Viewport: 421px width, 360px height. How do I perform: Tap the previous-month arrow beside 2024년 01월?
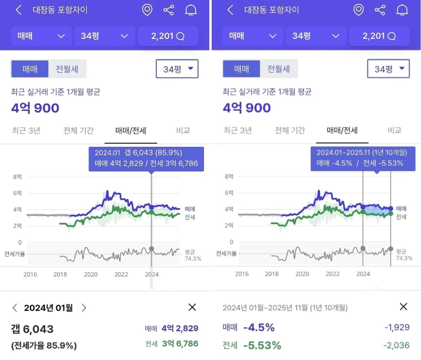(15, 308)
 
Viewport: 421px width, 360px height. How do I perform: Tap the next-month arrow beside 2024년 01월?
(84, 308)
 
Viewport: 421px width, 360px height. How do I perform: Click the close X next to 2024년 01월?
(192, 307)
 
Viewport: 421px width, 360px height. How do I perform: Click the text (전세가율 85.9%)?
(44, 345)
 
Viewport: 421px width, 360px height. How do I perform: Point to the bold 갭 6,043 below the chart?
(32, 329)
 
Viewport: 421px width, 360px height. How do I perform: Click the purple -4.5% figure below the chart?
(259, 328)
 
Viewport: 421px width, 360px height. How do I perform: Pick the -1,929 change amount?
(397, 328)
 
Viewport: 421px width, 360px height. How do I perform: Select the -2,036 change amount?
(396, 345)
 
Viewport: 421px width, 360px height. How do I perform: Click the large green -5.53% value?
(262, 345)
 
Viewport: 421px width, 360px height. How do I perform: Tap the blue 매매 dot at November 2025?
(390, 209)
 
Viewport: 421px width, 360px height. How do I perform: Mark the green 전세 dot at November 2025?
(390, 214)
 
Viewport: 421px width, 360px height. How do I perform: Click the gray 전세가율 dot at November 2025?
(390, 249)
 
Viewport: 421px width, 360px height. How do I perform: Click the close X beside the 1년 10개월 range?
(403, 307)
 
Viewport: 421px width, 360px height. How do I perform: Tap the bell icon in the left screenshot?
(190, 10)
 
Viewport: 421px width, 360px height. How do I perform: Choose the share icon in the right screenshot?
(380, 10)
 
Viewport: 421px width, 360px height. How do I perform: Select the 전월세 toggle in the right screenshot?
(279, 69)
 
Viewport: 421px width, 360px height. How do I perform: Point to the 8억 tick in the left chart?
(17, 177)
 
